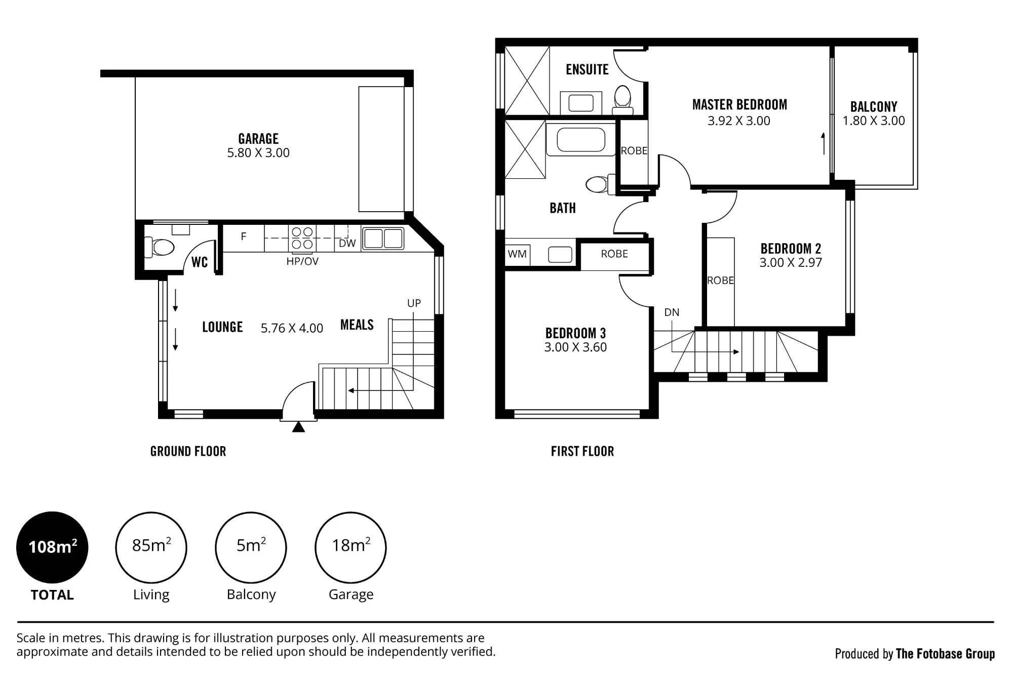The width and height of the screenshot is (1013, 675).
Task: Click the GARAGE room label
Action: click(x=258, y=139)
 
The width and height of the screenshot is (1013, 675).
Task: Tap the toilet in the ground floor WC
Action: click(x=160, y=248)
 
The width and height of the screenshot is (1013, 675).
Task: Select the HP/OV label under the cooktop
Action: click(x=302, y=261)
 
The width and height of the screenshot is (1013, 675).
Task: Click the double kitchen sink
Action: click(x=383, y=239)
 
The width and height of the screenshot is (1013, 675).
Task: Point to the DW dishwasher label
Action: click(x=347, y=243)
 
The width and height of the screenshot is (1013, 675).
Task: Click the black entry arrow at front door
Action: click(x=299, y=427)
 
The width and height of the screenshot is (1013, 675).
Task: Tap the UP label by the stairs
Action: click(x=414, y=303)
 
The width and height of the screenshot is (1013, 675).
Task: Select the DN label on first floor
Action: click(x=672, y=312)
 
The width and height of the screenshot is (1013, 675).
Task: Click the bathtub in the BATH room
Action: click(x=580, y=140)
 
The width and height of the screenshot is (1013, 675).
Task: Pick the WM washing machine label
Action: click(x=517, y=254)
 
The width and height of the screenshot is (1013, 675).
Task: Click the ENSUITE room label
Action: click(x=587, y=69)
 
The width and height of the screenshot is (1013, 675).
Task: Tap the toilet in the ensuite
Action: click(x=622, y=99)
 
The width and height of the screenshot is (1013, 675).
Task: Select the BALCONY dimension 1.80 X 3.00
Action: click(x=874, y=121)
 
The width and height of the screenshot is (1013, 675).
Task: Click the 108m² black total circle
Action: click(x=52, y=547)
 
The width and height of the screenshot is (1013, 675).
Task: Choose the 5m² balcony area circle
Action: click(x=251, y=547)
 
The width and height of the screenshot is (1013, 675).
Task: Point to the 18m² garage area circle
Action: click(x=350, y=547)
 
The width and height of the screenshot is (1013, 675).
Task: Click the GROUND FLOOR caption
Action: click(x=188, y=451)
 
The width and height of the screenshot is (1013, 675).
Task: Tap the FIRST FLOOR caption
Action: click(x=582, y=451)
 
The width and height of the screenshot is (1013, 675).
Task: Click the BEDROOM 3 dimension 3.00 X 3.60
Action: click(x=575, y=347)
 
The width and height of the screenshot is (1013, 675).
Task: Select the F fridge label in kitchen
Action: click(x=244, y=236)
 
